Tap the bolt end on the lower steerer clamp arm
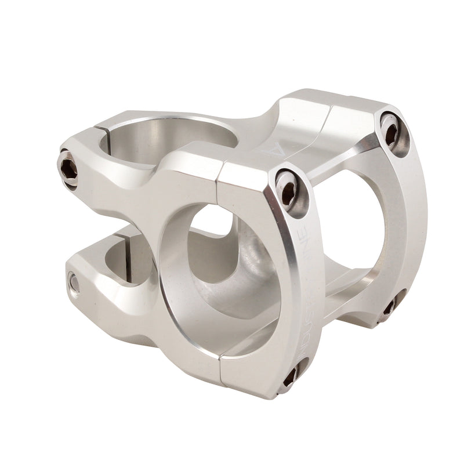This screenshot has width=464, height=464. coord(74,282)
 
